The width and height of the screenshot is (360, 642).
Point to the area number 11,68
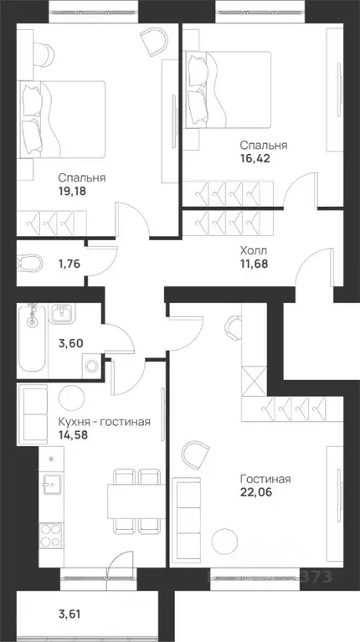[x=257, y=265]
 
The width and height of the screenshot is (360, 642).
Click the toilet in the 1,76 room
[x=28, y=262]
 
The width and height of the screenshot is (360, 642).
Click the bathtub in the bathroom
[x=32, y=339]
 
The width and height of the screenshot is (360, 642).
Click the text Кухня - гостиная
[x=105, y=421]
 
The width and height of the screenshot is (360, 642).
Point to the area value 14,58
[x=76, y=435]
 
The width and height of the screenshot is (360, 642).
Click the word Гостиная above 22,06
[x=265, y=479]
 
